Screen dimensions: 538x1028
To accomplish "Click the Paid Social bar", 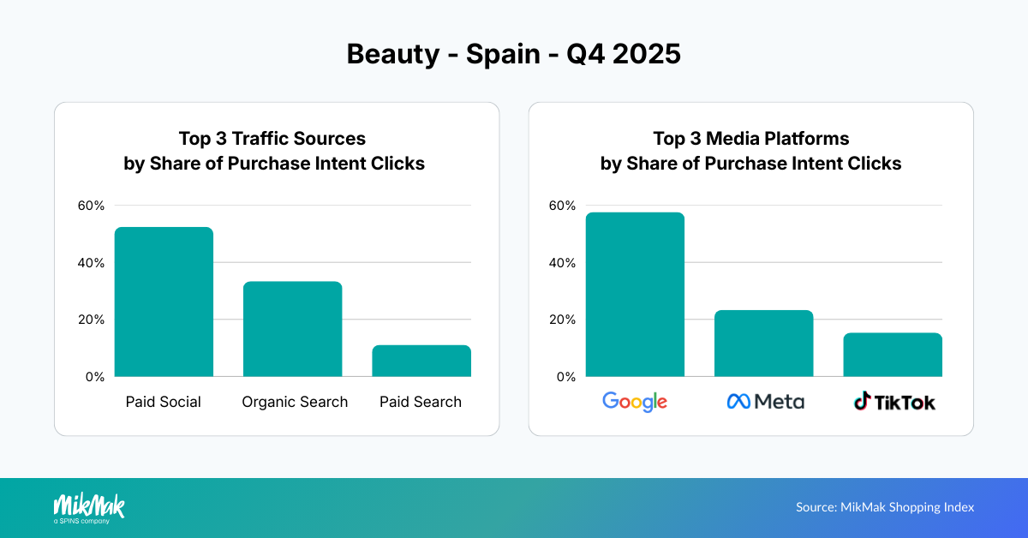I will [164, 302].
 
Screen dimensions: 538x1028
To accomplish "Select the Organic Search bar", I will [292, 329].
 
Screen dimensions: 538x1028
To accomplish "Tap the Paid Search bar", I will [421, 361].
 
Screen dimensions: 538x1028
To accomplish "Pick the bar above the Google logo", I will [635, 294].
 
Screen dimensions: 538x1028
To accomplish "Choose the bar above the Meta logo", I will [763, 343].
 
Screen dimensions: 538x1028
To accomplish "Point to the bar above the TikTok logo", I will [892, 355].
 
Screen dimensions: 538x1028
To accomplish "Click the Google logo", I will [635, 401].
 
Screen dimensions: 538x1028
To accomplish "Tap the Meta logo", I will [765, 401].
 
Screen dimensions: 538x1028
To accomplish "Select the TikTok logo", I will [894, 401].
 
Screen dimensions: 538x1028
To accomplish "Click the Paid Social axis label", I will [164, 402].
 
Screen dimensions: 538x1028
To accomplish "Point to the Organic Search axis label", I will [295, 402].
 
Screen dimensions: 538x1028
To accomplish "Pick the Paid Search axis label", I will [421, 402].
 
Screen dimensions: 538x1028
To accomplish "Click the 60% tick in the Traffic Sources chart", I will [91, 206].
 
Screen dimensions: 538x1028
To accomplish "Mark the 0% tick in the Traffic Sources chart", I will [94, 377].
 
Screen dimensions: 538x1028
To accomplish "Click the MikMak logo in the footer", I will [89, 507].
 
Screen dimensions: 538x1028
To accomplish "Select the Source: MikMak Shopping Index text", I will [885, 507].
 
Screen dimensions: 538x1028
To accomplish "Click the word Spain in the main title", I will [501, 54].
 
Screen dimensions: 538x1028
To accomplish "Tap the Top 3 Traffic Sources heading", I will [272, 139].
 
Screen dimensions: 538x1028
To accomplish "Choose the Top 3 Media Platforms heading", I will [750, 139].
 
